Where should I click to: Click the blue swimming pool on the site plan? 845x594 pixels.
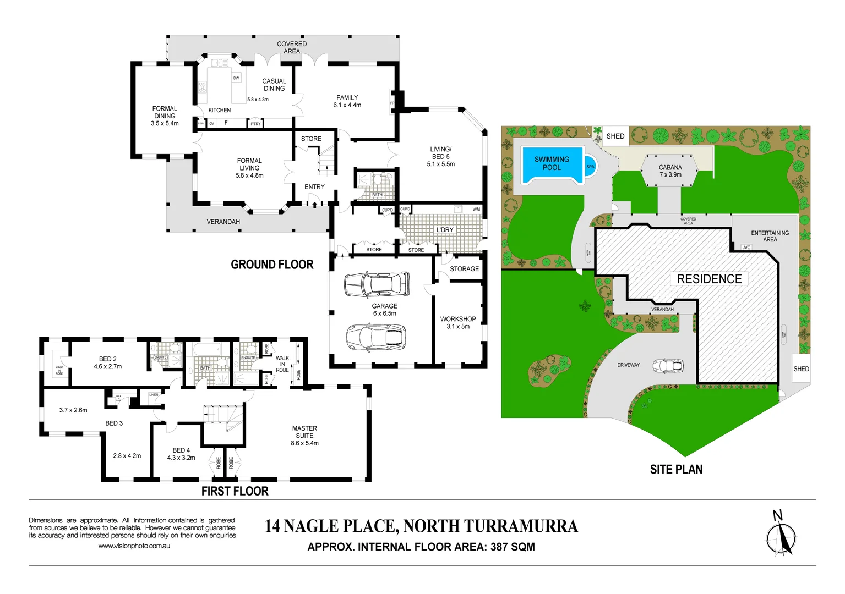(552, 164)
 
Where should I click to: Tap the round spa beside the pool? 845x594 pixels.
(590, 167)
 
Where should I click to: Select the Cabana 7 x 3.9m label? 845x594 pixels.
(670, 171)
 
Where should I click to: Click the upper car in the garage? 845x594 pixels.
(377, 284)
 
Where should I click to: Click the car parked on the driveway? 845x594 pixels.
(668, 365)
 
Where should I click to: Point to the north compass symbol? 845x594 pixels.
(781, 537)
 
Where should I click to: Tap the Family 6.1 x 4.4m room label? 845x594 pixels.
(347, 101)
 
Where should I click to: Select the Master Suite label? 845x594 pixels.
(304, 436)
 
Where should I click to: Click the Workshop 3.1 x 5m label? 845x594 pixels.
(458, 323)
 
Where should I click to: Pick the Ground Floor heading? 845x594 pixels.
(272, 265)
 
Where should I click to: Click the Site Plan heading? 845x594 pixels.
(676, 470)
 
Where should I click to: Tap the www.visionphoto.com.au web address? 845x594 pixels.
(134, 546)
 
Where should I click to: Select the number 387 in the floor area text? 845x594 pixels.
(499, 547)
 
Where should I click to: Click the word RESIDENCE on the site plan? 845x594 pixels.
(709, 279)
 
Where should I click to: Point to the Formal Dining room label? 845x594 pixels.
(165, 116)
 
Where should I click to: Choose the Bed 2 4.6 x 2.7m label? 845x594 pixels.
(108, 363)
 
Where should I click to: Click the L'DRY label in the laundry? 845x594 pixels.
(445, 230)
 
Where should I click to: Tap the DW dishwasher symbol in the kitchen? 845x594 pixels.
(236, 78)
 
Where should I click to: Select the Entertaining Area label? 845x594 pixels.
(770, 236)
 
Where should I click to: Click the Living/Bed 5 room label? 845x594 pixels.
(440, 157)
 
